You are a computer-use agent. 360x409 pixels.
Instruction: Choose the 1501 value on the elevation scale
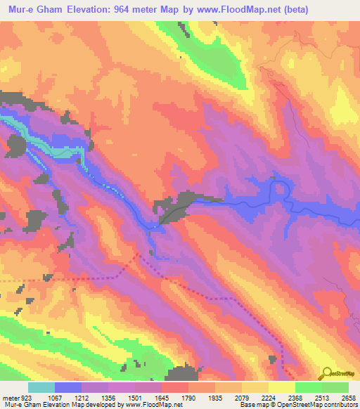click(147, 397)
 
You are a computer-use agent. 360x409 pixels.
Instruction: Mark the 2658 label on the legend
click(349, 397)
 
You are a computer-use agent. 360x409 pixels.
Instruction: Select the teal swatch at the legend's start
click(41, 387)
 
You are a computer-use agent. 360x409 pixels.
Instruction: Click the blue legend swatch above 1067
click(68, 387)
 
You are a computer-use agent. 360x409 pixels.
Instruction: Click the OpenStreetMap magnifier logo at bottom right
click(327, 372)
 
